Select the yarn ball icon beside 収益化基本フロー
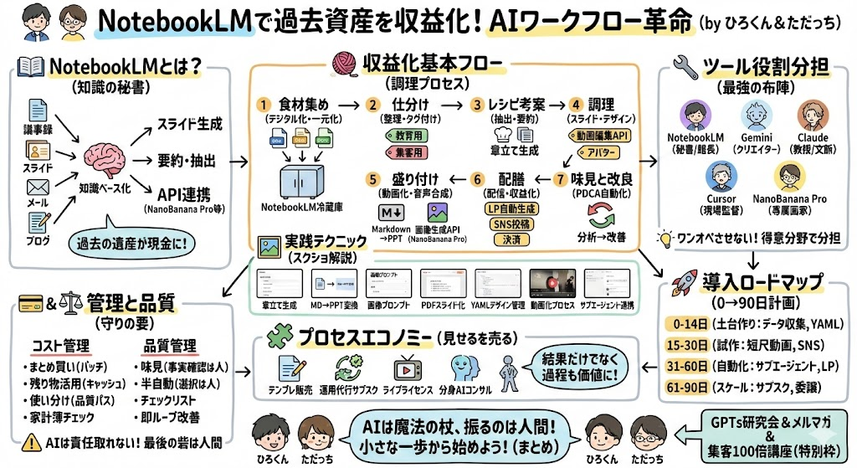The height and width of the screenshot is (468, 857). [x=343, y=64]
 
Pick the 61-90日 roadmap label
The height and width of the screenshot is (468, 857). [x=688, y=388]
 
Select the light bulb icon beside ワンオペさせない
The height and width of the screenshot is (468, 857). [x=665, y=237]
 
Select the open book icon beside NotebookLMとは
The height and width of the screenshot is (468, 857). [x=30, y=65]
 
